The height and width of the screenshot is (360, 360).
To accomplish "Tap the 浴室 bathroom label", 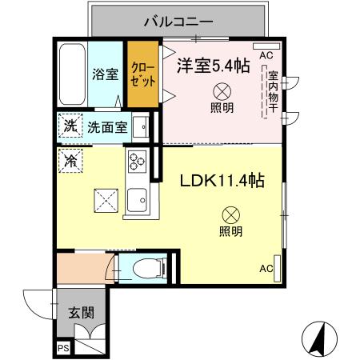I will click(106, 74).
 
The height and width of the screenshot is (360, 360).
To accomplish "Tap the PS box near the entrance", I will click(63, 347).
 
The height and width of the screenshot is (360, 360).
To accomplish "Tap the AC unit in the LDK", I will click(266, 269).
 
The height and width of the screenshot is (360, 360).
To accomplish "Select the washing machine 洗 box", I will click(70, 126).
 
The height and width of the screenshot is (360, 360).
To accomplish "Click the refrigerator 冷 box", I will click(70, 160).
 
